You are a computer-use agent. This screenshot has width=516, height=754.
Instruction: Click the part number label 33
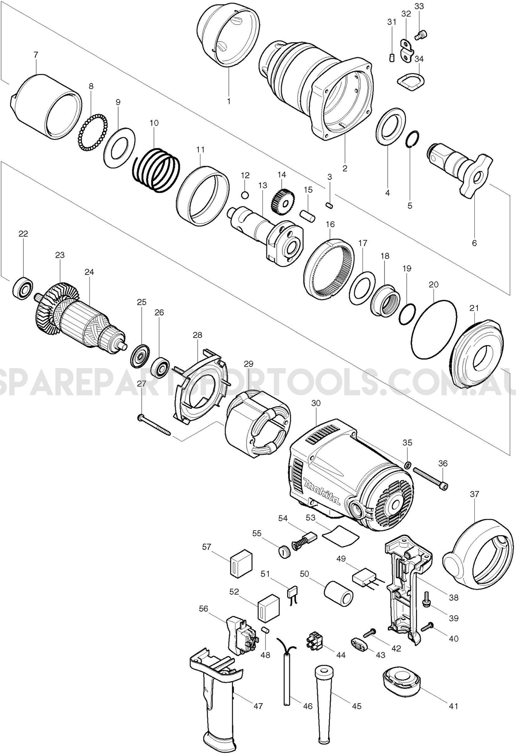419,6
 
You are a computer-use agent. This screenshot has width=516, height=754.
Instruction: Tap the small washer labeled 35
408,465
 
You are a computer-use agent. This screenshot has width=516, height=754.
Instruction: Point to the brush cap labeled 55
283,552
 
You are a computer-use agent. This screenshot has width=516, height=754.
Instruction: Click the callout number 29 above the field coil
248,363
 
